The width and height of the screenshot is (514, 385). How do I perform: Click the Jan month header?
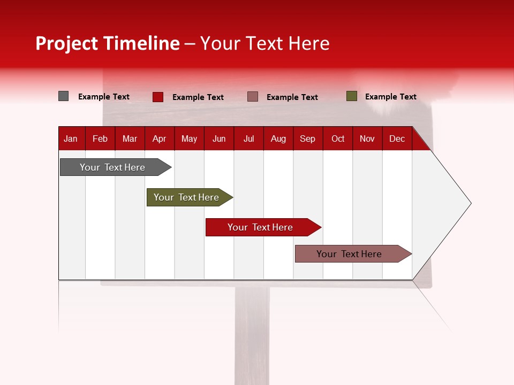click(71, 138)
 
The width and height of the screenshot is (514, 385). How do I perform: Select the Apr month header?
click(159, 138)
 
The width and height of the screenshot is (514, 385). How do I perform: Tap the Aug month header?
click(278, 138)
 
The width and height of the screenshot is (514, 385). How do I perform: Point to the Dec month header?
click(397, 138)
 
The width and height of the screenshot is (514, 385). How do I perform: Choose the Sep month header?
click(307, 138)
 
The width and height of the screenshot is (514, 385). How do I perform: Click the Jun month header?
click(218, 138)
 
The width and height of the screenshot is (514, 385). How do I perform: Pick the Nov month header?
click(367, 138)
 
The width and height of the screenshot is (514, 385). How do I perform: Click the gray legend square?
click(63, 96)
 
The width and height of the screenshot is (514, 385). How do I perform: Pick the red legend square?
click(157, 97)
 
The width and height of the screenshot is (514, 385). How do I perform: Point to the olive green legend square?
click(351, 96)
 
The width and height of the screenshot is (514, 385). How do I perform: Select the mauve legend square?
click(253, 97)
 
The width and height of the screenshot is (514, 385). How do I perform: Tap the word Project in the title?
click(67, 43)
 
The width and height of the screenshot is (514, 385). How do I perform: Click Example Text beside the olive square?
click(390, 97)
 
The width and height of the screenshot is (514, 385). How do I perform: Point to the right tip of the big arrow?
click(470, 203)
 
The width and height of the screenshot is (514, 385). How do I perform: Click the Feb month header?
click(100, 138)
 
